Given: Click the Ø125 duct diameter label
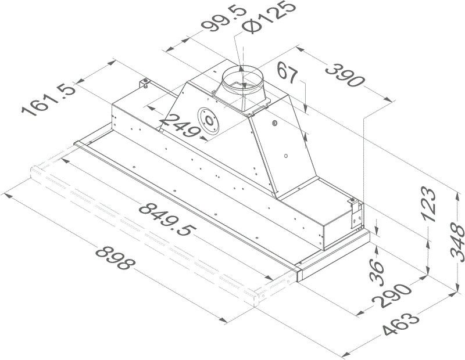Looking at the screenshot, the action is (x=269, y=16).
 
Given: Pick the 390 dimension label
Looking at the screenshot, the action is (x=345, y=76).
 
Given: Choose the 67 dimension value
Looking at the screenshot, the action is (x=287, y=73).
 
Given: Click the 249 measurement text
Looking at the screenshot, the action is (x=179, y=126).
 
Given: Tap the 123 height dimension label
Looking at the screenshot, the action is (x=429, y=204).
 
